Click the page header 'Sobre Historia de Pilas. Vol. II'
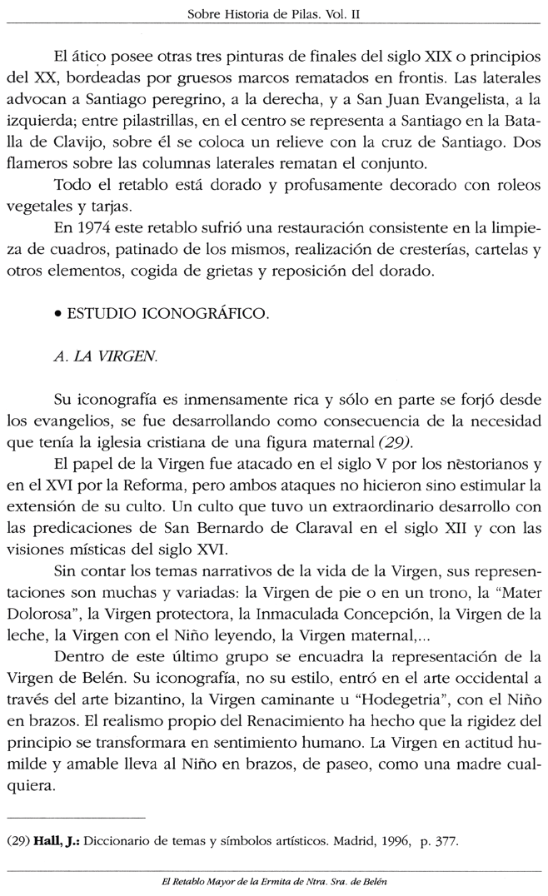click(x=274, y=15)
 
